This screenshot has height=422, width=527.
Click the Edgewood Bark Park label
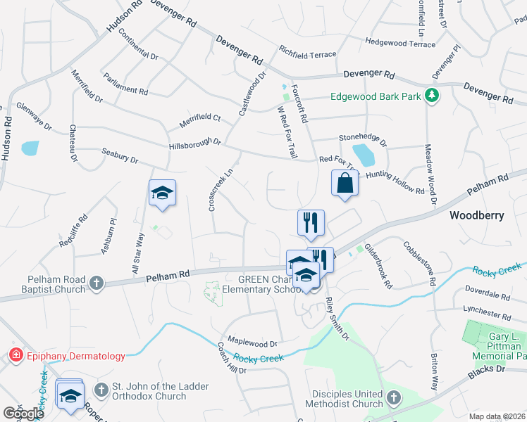click(x=376, y=96)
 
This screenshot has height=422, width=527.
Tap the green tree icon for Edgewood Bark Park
click(x=432, y=96)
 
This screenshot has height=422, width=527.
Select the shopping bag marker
click(x=345, y=183)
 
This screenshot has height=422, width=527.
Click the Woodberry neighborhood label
click(x=478, y=215)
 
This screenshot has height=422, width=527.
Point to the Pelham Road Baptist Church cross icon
click(x=97, y=283)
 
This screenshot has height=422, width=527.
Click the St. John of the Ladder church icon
click(x=101, y=389)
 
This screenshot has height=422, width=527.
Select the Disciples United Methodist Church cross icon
click(x=393, y=398)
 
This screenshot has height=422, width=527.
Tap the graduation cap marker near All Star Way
click(x=162, y=194)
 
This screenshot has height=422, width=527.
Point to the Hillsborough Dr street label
click(x=195, y=143)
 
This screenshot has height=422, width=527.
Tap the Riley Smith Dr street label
click(x=337, y=321)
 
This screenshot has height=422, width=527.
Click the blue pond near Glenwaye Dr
click(x=30, y=148)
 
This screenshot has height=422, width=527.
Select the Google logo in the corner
click(x=23, y=414)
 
